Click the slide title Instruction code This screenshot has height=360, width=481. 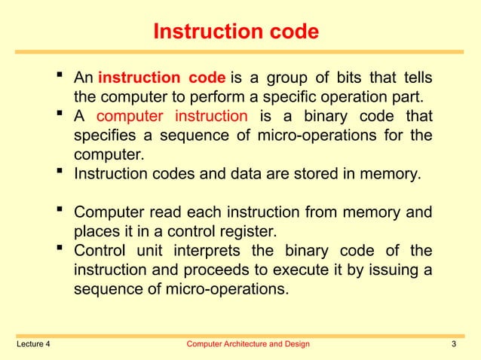(236, 32)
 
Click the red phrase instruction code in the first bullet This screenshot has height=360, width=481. (162, 78)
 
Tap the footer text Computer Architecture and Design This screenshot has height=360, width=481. (247, 345)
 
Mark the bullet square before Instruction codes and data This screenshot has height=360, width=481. (60, 173)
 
